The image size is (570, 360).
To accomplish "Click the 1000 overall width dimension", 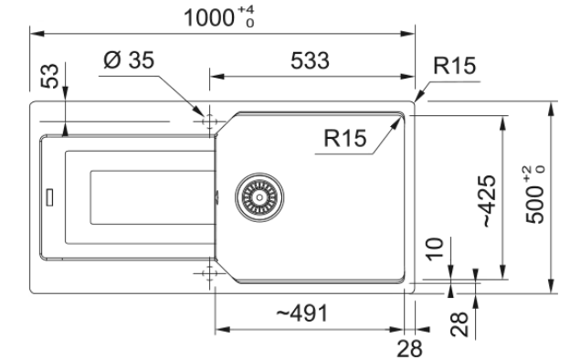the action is (208, 17).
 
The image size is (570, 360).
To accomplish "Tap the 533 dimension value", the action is (310, 60).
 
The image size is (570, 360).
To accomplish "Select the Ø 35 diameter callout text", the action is (129, 60).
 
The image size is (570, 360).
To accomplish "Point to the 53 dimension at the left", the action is (50, 76).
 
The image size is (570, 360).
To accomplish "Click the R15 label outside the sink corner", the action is (454, 66).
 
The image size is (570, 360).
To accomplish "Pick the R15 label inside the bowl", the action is (345, 138).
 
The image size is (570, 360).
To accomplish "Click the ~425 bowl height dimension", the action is (490, 201).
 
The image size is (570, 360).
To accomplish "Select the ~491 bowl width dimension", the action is (302, 313).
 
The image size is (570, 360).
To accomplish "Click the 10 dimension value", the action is (435, 249).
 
